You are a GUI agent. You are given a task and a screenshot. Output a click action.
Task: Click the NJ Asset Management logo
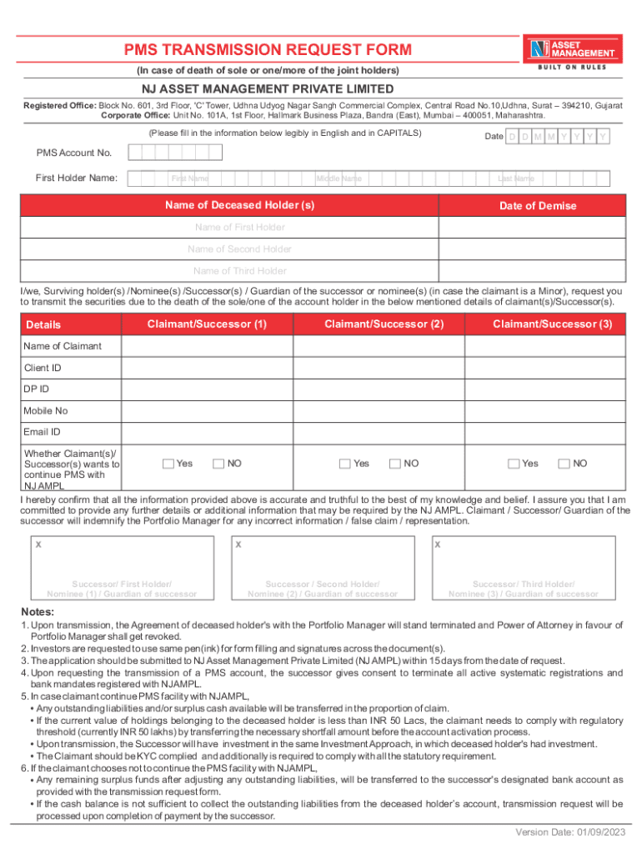[x=571, y=50]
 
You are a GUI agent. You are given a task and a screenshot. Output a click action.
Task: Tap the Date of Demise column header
[x=537, y=206]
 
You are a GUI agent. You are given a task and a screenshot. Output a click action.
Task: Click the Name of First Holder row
[x=239, y=228]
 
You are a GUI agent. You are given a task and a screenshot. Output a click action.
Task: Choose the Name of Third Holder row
[x=239, y=271]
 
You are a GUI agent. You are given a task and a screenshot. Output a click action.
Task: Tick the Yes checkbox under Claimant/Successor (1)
[x=168, y=464]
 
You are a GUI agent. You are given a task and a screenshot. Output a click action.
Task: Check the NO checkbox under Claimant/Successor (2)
[x=395, y=464]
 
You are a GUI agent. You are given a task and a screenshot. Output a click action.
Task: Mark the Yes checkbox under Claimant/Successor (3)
[x=514, y=464]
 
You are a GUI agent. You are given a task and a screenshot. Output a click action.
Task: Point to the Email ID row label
[x=43, y=432]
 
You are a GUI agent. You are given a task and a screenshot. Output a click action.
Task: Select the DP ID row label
[x=37, y=389]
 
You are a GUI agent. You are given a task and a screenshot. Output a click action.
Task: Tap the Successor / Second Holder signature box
[x=323, y=568]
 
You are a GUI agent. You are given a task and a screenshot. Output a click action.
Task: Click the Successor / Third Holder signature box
[x=523, y=568]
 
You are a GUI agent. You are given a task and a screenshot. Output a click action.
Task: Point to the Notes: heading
[x=39, y=612]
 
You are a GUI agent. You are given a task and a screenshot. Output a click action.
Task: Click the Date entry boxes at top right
[x=558, y=136]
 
